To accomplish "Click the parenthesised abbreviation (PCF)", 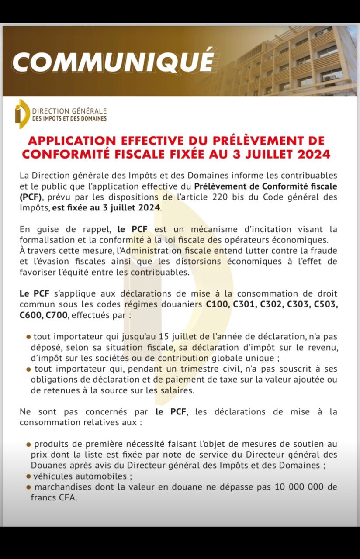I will [x=32, y=197].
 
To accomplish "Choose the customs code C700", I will [x=56, y=314].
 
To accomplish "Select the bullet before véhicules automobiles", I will [x=28, y=476].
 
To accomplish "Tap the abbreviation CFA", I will [x=67, y=497].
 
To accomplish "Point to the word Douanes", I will [x=47, y=465].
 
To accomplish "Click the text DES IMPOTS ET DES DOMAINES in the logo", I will [x=69, y=118].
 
